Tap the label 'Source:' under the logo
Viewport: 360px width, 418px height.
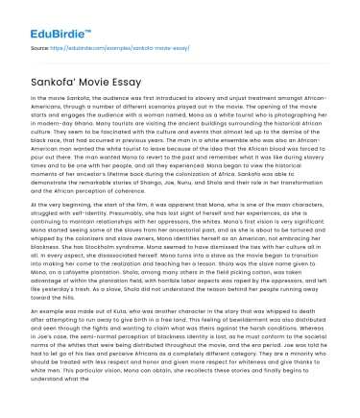(40, 46)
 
